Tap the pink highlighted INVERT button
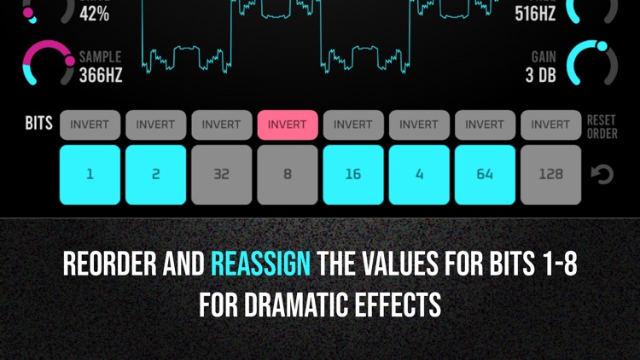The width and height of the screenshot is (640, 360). [287, 125]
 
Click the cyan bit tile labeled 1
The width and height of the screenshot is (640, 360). [90, 174]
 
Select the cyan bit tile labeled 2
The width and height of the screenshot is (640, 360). [155, 174]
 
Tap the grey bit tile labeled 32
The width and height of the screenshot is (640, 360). [221, 174]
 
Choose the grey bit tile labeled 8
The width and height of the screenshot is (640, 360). [287, 174]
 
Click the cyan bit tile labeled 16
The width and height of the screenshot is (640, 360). [352, 174]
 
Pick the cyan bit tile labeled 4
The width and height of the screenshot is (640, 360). [419, 174]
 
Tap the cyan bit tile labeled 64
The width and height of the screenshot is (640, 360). [485, 174]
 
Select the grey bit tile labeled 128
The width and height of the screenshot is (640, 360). [550, 174]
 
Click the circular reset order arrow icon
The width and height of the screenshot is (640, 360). [602, 175]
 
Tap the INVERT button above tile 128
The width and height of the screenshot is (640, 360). [550, 125]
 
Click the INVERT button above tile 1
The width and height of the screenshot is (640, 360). [90, 125]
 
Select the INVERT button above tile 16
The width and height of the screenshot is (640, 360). [352, 125]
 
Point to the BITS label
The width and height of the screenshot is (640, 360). [38, 124]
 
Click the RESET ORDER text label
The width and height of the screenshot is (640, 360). [602, 127]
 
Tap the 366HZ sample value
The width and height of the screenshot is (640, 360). [101, 75]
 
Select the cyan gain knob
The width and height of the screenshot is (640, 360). [592, 64]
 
